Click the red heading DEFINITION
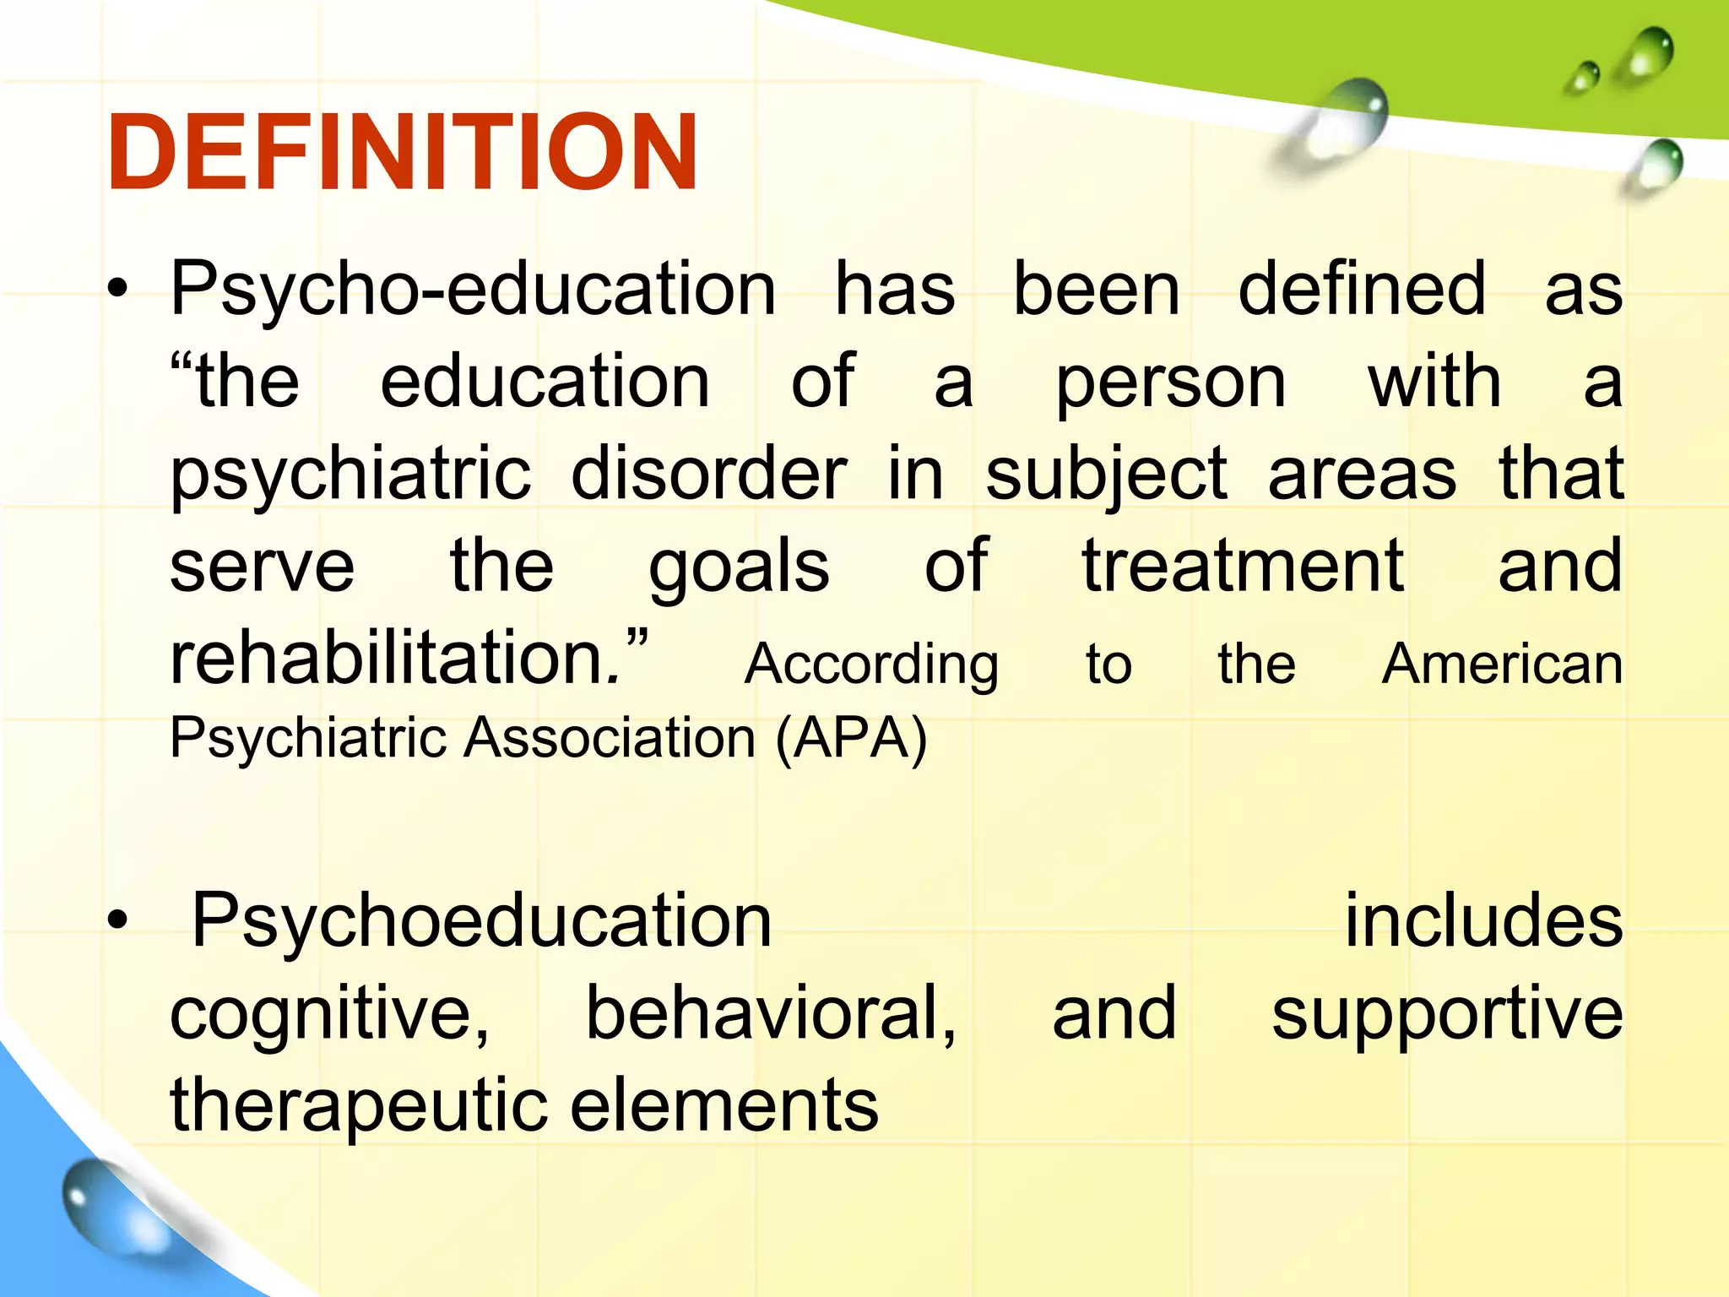[x=403, y=153]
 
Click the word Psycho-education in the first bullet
[x=473, y=290]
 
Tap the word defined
[x=1361, y=290]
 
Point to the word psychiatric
[x=350, y=475]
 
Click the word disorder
[x=708, y=475]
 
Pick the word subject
[x=1106, y=476]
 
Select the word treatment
[x=1243, y=566]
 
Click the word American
[x=1502, y=664]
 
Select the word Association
[x=611, y=738]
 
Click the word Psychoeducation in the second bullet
[x=481, y=921]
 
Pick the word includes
[x=1483, y=921]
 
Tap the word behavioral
[x=771, y=1013]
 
